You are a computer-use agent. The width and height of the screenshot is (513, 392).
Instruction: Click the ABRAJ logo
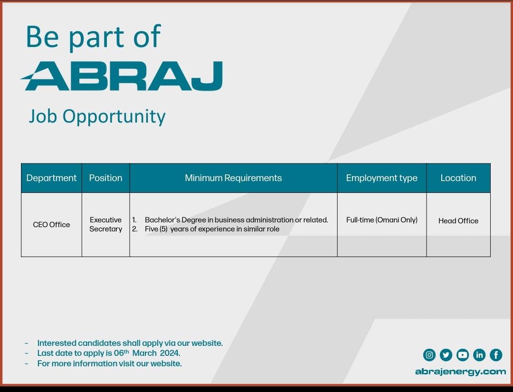pyautogui.click(x=122, y=76)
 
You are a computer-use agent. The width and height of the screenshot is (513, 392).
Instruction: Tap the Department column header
pyautogui.click(x=51, y=178)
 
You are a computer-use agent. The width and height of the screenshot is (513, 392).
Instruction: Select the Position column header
pyautogui.click(x=105, y=178)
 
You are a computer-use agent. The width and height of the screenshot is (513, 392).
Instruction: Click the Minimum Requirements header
pyautogui.click(x=233, y=178)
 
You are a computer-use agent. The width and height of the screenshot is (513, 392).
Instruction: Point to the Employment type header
pyautogui.click(x=382, y=178)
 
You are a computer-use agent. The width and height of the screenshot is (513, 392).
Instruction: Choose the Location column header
pyautogui.click(x=458, y=178)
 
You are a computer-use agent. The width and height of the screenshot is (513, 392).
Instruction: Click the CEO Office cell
pyautogui.click(x=51, y=224)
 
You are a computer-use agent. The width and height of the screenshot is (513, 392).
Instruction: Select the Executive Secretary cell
pyautogui.click(x=105, y=224)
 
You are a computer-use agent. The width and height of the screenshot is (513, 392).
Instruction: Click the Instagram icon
pyautogui.click(x=429, y=355)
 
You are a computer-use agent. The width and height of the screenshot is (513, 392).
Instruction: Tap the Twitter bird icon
pyautogui.click(x=446, y=355)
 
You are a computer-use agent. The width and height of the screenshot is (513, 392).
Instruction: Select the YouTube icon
pyautogui.click(x=463, y=355)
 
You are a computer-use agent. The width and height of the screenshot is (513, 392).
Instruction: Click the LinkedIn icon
pyautogui.click(x=479, y=355)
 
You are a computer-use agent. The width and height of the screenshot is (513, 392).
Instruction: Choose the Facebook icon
pyautogui.click(x=496, y=355)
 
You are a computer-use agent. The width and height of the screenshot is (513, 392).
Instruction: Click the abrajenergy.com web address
pyautogui.click(x=460, y=372)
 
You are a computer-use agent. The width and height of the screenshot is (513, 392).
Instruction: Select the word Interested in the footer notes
pyautogui.click(x=57, y=343)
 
